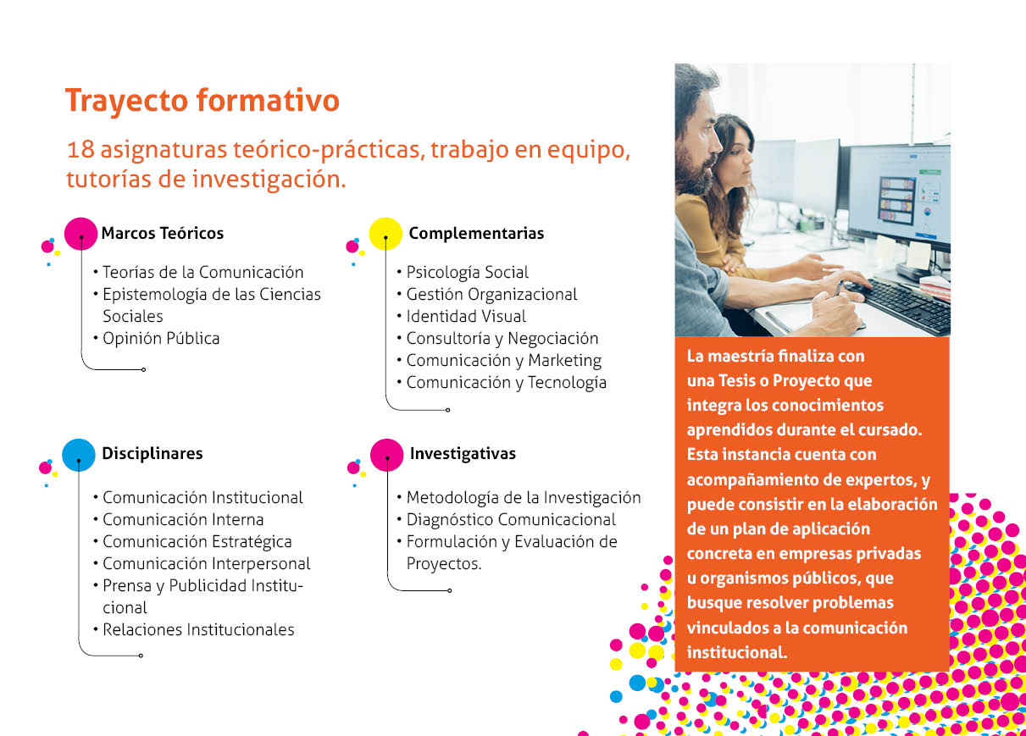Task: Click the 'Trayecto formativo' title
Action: point(202,102)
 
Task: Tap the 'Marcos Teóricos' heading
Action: point(162,233)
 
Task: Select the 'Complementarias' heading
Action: point(476,234)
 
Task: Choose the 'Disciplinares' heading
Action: point(152,453)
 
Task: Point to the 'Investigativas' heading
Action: point(463,454)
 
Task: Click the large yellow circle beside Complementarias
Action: point(385,234)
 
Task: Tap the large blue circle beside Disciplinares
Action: point(78,455)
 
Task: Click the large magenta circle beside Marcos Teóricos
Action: point(80,234)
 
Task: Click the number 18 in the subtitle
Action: point(80,150)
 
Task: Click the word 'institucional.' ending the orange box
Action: point(736,652)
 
